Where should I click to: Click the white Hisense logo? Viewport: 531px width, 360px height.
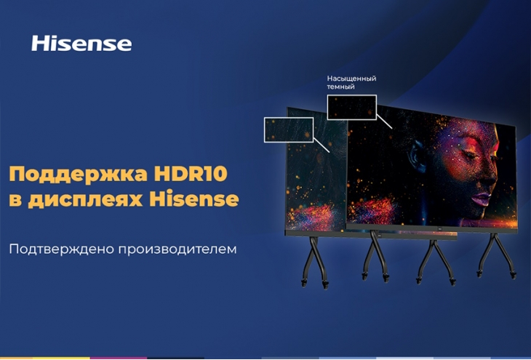(x=81, y=44)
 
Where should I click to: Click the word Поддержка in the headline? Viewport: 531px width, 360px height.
(x=79, y=175)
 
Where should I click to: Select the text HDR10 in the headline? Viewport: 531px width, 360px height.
(x=191, y=174)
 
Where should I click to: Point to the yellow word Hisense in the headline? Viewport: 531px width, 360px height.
(x=194, y=199)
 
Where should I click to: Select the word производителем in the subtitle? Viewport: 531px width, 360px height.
(x=177, y=250)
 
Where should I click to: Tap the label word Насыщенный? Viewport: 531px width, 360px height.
(x=351, y=79)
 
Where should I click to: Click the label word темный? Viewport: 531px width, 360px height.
(x=340, y=87)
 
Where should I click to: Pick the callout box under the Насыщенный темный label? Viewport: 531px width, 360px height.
(x=351, y=95)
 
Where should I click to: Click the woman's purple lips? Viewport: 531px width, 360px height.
(x=482, y=198)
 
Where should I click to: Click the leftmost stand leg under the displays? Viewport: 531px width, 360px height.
(x=315, y=262)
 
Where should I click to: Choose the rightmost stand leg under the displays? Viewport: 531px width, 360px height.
(x=497, y=255)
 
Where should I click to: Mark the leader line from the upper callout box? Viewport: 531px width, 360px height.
(x=384, y=121)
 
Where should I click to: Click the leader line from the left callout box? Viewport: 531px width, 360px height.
(x=322, y=145)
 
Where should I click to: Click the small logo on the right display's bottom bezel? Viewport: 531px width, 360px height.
(x=439, y=228)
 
